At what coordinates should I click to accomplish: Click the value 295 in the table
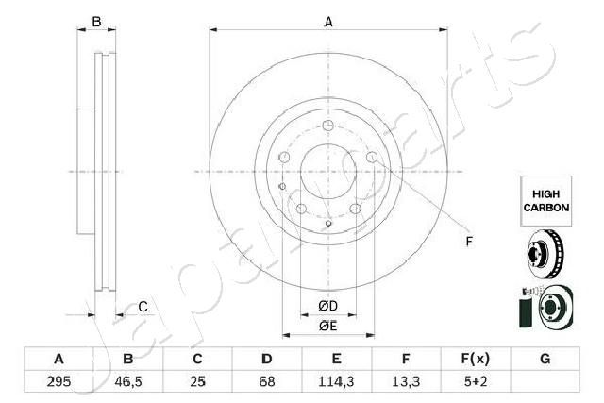pos(59,381)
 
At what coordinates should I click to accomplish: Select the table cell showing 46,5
pos(128,381)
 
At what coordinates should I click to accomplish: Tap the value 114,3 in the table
pos(336,381)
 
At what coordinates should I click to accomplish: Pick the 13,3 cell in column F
pos(406,381)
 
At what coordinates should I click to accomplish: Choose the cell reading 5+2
pos(476,381)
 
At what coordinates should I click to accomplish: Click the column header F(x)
pos(476,359)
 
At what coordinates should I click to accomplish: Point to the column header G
pos(545,359)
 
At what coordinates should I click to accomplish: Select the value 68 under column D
pos(266,381)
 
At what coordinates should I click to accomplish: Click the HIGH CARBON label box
pos(546,201)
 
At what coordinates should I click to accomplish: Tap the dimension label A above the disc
pos(328,22)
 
